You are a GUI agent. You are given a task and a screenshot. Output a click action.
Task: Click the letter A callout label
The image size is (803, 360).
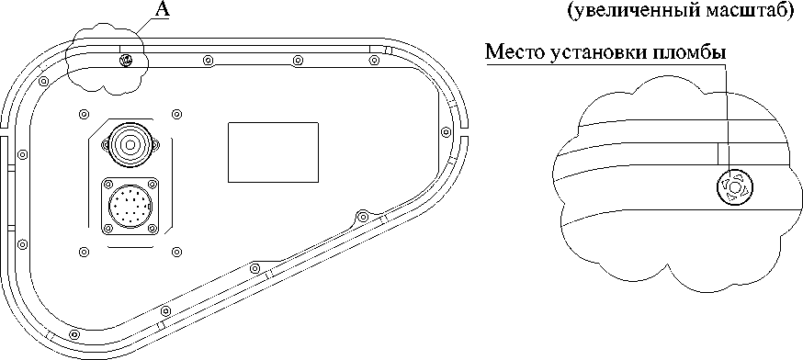(x=162, y=11)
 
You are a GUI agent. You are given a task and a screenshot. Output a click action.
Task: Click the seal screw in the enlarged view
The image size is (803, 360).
(x=734, y=187)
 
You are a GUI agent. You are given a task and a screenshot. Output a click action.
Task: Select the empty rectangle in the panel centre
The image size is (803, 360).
(x=273, y=152)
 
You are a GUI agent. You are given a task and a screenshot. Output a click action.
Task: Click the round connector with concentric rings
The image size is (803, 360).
(x=130, y=145)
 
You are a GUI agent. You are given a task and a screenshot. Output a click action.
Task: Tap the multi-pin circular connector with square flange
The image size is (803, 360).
(x=130, y=206)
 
